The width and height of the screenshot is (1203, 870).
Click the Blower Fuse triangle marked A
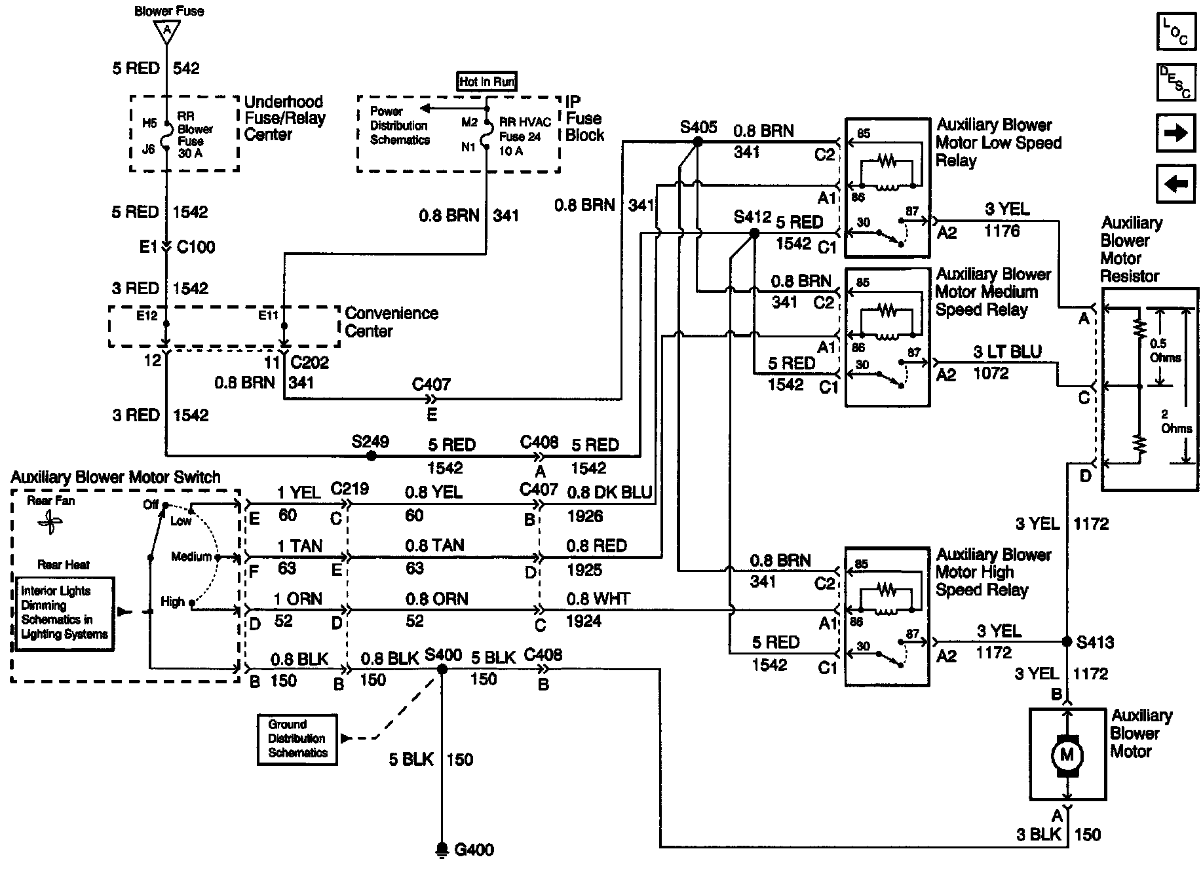167,31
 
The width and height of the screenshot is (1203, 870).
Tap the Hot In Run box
487,81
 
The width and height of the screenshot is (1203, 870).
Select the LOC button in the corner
1175,32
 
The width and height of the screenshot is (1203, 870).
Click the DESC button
1175,82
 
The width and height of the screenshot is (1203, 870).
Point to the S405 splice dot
697,141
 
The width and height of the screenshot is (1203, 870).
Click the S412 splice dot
754,233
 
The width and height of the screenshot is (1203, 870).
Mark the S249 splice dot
371,455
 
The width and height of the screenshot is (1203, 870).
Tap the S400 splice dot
442,669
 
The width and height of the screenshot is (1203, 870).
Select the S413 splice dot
1067,641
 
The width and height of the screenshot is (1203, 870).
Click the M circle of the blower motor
1067,755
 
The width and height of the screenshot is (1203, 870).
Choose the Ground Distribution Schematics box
297,739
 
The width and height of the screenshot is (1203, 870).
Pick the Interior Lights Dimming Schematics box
64,613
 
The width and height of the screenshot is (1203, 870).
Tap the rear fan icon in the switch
50,523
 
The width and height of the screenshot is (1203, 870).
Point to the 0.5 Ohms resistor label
1166,350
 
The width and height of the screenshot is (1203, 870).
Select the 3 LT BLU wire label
1007,352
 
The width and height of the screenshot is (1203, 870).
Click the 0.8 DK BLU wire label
609,493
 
